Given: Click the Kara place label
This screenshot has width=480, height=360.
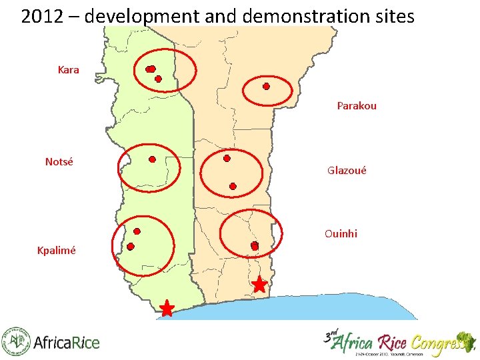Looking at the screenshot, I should tap(69, 69).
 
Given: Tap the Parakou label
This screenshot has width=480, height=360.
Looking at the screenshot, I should tap(357, 105).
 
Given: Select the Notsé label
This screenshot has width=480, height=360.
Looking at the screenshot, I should tap(59, 161).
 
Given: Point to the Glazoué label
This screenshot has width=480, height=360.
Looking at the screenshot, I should tap(347, 171).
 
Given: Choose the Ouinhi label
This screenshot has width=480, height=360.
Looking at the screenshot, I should tap(341, 233).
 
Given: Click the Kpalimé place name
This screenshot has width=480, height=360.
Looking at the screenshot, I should tap(57, 251).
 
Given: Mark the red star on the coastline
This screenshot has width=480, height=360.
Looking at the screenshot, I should tap(167, 309).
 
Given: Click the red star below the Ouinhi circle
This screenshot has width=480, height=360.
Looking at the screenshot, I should tap(259, 285).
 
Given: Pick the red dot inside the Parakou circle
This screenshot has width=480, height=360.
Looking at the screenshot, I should tap(266, 87).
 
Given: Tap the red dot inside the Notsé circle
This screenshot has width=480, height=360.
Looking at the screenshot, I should tap(152, 160).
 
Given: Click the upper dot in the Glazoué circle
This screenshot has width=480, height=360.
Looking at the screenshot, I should tap(227, 159).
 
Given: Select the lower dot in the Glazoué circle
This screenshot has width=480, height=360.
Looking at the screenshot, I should tap(233, 187).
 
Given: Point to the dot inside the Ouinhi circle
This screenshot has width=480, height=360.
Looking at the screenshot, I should tap(254, 246).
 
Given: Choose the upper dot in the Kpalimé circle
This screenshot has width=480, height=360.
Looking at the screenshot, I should tap(137, 231).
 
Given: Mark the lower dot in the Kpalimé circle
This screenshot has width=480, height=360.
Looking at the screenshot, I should tap(131, 247).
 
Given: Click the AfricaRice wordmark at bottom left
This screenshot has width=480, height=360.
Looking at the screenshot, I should tap(66, 343).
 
